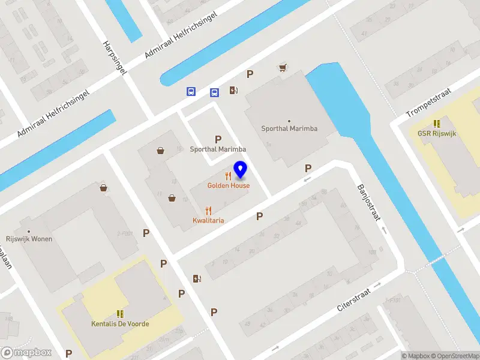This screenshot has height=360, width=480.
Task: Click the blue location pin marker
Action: (x=241, y=170)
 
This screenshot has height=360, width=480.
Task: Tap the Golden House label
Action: (x=229, y=185)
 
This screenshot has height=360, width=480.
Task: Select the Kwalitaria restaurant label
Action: (x=208, y=220)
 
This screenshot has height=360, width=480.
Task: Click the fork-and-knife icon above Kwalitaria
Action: (x=208, y=211)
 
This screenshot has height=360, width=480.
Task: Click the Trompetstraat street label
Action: (x=427, y=101)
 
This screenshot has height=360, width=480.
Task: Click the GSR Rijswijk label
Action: (x=437, y=133)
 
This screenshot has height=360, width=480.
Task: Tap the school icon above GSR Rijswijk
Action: (x=437, y=122)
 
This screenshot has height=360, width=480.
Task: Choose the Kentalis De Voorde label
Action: (x=120, y=324)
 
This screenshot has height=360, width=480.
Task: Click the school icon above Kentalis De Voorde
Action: (x=120, y=314)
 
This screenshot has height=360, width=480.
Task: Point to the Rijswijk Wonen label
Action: (x=29, y=239)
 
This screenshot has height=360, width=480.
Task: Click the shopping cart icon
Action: (x=282, y=68)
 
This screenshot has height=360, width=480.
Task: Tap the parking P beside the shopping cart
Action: (x=250, y=74)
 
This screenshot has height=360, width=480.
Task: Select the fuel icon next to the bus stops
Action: (x=233, y=91)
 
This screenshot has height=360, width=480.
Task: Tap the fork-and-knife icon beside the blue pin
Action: (x=228, y=176)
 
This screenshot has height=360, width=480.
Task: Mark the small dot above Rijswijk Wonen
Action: (x=29, y=231)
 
